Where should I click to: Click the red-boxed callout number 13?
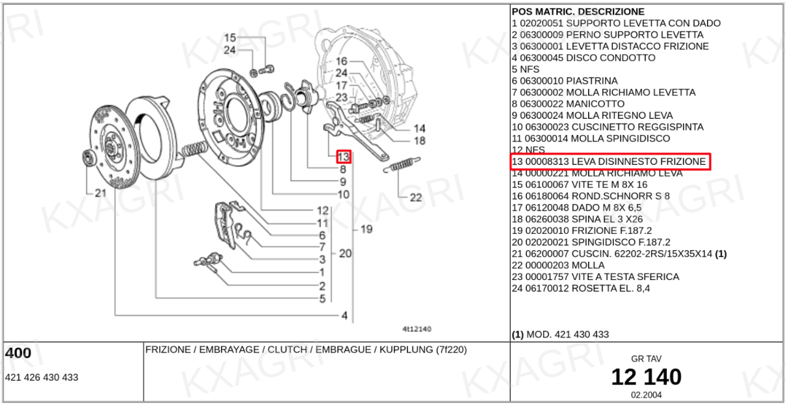pos(343,157)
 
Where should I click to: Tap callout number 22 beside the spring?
pos(415,197)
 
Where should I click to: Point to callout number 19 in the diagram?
pos(366,229)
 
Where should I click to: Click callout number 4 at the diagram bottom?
pos(344,315)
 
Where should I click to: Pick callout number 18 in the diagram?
pos(419,141)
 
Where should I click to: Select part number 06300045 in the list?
pos(541,58)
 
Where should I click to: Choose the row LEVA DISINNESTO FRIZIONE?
pos(610,162)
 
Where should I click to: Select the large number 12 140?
pos(646,377)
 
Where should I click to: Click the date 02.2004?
pos(646,395)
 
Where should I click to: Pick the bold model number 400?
pos(18,354)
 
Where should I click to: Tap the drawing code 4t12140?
pos(417,329)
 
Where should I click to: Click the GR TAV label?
pos(646,359)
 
